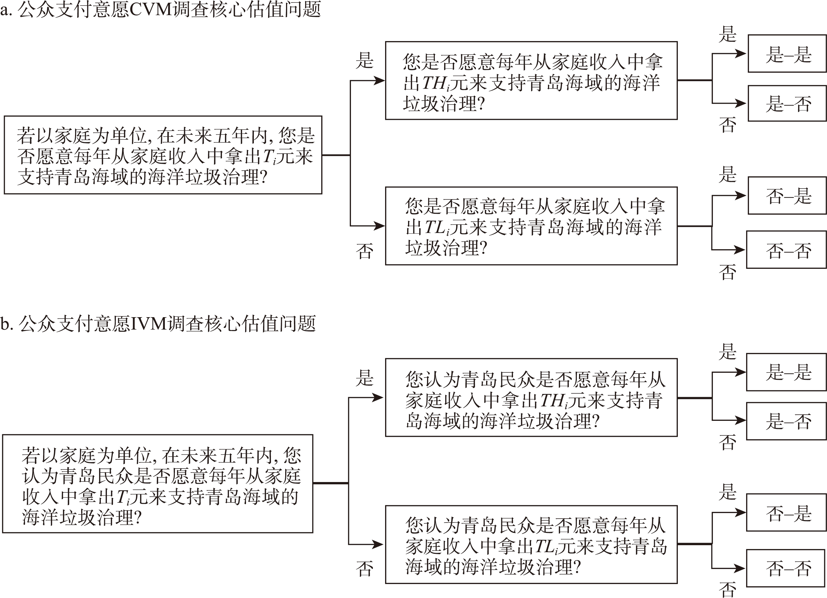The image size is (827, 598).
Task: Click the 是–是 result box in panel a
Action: [x=787, y=54]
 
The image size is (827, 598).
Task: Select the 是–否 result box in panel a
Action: [x=787, y=103]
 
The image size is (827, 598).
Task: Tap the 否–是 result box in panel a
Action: [x=787, y=196]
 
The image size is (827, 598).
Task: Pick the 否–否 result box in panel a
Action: [x=786, y=250]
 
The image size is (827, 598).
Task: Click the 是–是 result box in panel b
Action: [x=786, y=372]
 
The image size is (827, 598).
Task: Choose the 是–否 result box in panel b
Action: [x=786, y=421]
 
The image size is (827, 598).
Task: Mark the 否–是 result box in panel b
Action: [x=786, y=512]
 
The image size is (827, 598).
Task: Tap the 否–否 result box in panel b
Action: [x=786, y=568]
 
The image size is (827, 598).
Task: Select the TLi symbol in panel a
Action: [x=437, y=228]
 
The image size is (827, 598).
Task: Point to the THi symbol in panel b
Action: [x=554, y=401]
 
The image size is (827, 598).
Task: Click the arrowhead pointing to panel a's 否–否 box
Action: [x=740, y=250]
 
